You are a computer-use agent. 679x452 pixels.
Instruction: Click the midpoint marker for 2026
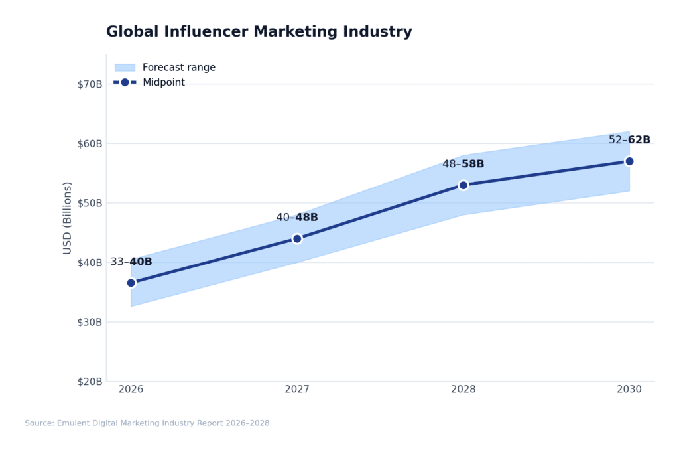tap(131, 283)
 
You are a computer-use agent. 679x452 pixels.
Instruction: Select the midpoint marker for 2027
tap(297, 238)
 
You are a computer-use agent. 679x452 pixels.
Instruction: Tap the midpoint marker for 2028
tap(463, 185)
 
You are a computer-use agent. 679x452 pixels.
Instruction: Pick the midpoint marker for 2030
tap(629, 161)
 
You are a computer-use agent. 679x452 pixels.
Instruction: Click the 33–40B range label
tap(131, 262)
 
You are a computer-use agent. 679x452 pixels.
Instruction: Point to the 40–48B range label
tap(297, 218)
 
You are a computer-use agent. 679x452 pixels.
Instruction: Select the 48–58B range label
tap(463, 164)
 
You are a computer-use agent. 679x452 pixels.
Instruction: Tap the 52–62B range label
tap(629, 140)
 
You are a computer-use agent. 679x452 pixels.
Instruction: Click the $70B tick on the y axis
tap(90, 84)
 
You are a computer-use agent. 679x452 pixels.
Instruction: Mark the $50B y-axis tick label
tap(90, 203)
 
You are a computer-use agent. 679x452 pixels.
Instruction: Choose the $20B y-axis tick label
tap(90, 382)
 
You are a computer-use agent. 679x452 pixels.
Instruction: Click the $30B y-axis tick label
tap(90, 322)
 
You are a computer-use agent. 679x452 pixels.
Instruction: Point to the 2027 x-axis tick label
tap(297, 390)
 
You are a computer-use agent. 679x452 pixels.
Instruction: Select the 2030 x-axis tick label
tap(629, 390)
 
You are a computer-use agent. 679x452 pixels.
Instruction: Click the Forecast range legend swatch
tap(125, 68)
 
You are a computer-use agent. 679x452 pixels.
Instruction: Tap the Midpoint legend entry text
tap(164, 83)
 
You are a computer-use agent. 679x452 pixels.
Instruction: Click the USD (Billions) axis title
tap(67, 218)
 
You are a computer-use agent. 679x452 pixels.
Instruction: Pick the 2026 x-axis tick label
tap(131, 390)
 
